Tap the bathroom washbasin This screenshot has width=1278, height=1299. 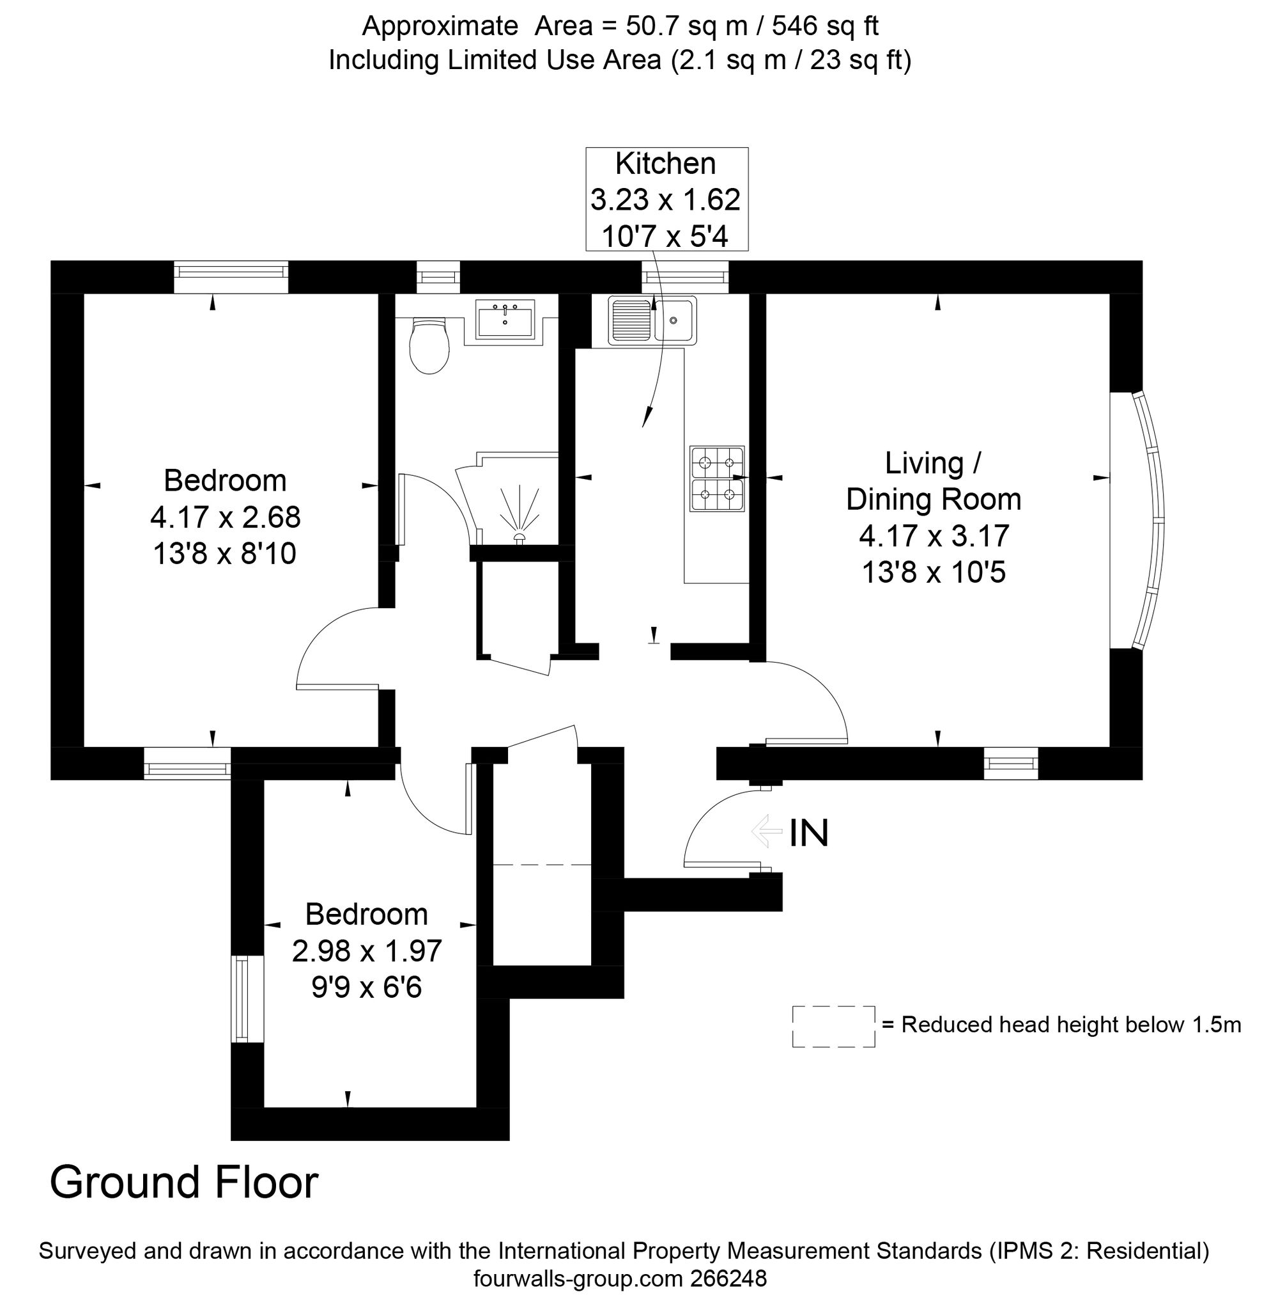[505, 320]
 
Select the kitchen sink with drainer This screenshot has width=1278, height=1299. [652, 321]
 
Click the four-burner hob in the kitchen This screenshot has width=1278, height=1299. [717, 478]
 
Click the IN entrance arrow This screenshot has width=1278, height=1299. [767, 831]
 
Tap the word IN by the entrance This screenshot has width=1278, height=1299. [809, 833]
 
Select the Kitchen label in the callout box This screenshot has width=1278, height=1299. [666, 164]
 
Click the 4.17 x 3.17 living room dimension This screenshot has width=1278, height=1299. [934, 536]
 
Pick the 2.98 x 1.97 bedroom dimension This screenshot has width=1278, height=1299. [367, 951]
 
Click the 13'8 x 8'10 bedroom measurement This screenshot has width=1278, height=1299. [225, 554]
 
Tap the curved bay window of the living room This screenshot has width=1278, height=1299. [1148, 521]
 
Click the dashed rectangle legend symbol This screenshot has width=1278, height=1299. [834, 1026]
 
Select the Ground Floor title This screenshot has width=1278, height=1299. [184, 1181]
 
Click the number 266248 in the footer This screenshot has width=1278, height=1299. [728, 1277]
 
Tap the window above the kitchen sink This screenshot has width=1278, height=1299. [685, 278]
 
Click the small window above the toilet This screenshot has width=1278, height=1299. [438, 278]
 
